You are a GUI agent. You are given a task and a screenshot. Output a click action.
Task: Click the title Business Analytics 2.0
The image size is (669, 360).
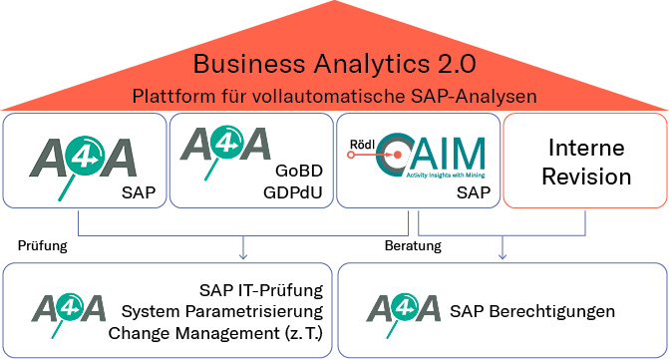point(334,66)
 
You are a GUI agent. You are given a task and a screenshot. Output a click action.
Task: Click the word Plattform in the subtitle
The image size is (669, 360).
point(167,97)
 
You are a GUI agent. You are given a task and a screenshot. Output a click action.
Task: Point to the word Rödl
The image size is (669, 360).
point(362,143)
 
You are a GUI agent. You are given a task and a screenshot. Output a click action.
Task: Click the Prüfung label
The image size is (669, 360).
point(41,244)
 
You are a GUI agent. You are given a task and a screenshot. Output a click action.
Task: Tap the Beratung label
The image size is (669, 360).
point(413,244)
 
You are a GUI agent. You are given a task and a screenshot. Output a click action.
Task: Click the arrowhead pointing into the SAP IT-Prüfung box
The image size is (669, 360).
point(242,253)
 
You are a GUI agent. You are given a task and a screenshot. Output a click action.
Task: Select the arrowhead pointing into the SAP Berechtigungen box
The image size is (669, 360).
point(502,253)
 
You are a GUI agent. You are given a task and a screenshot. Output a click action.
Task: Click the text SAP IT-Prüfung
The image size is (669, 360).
point(263,291)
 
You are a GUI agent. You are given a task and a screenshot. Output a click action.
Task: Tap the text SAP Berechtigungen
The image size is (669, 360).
point(538,311)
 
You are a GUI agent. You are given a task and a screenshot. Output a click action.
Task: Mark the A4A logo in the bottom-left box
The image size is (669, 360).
point(70,310)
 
